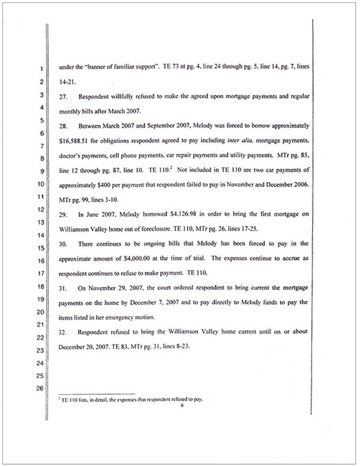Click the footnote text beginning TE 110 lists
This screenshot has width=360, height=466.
pyautogui.click(x=131, y=400)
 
